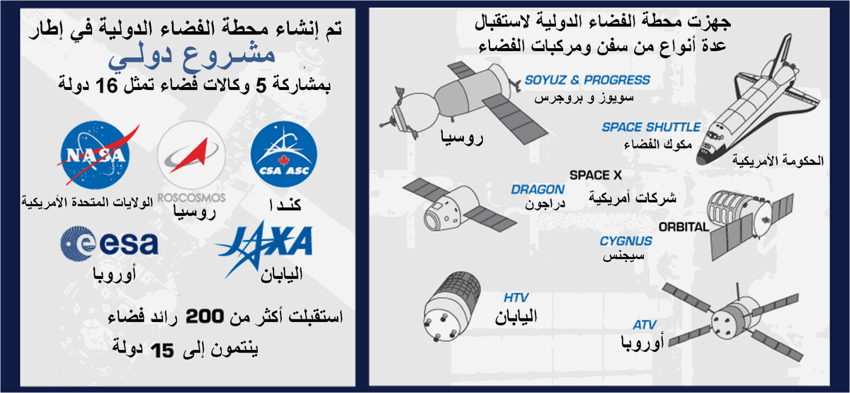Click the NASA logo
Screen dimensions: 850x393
(96, 155)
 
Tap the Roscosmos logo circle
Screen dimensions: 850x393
(192, 154)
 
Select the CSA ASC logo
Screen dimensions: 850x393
(284, 154)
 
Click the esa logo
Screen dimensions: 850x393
(109, 244)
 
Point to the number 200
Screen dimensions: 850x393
(205, 316)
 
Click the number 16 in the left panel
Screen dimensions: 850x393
(107, 86)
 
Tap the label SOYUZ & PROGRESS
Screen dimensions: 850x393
(587, 80)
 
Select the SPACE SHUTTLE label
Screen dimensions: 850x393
(651, 127)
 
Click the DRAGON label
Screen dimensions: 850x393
(538, 189)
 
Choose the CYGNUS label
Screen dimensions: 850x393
(626, 241)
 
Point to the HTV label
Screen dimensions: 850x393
(516, 298)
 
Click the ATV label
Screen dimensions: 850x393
(645, 325)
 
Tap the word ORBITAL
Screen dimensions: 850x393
(684, 227)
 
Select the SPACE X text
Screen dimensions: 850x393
(596, 176)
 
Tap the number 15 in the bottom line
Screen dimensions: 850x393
(162, 351)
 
